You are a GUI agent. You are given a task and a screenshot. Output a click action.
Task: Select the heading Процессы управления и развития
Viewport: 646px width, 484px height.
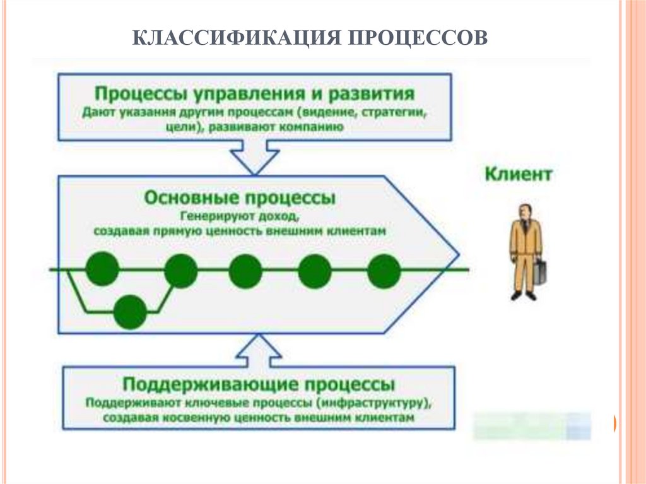[254, 94]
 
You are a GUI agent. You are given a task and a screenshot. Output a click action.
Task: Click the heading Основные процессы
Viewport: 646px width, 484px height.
[240, 198]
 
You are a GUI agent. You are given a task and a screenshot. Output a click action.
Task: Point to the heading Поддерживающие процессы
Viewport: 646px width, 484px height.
[259, 384]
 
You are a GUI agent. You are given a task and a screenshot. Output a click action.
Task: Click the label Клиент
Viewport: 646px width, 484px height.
[518, 174]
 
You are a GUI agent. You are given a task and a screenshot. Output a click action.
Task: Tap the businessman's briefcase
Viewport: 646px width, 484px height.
[541, 271]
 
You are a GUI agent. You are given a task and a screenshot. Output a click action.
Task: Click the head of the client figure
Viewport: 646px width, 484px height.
[524, 211]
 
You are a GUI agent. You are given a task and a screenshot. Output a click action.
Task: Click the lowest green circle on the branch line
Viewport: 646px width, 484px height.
[131, 312]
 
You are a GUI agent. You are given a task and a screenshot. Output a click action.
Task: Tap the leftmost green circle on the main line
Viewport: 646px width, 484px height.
[102, 269]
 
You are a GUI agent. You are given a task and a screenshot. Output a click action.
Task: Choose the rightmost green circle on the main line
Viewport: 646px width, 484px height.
[384, 271]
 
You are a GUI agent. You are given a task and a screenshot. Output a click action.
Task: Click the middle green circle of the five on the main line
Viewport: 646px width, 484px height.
[245, 271]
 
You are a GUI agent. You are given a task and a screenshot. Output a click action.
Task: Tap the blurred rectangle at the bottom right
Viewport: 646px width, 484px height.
[531, 425]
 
